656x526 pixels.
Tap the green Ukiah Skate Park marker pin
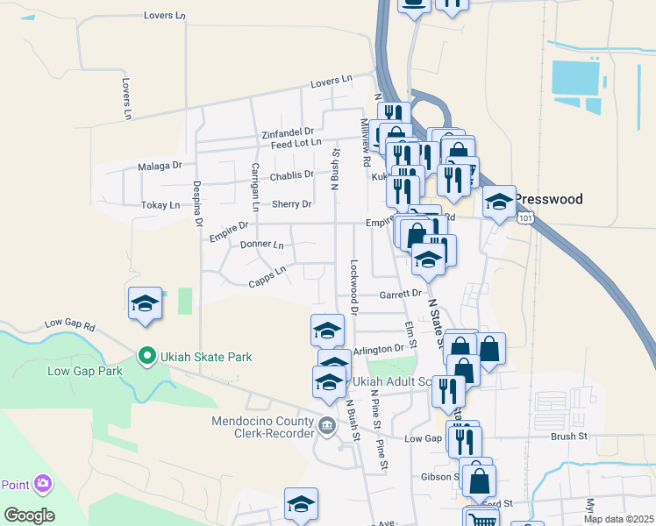[147, 356]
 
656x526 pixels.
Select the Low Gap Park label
[84, 371]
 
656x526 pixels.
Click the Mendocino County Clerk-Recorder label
[262, 427]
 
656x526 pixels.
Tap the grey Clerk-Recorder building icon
[327, 426]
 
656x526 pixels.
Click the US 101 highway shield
[524, 217]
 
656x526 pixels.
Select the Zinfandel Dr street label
[287, 133]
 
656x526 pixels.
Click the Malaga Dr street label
[160, 165]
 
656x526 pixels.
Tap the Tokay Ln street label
[160, 205]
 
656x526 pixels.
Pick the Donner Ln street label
[261, 245]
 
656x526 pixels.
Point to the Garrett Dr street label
[401, 295]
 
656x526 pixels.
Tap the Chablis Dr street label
[292, 175]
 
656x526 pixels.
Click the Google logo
[29, 515]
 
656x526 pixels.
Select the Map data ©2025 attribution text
[617, 519]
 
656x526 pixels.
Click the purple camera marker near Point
[42, 483]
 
